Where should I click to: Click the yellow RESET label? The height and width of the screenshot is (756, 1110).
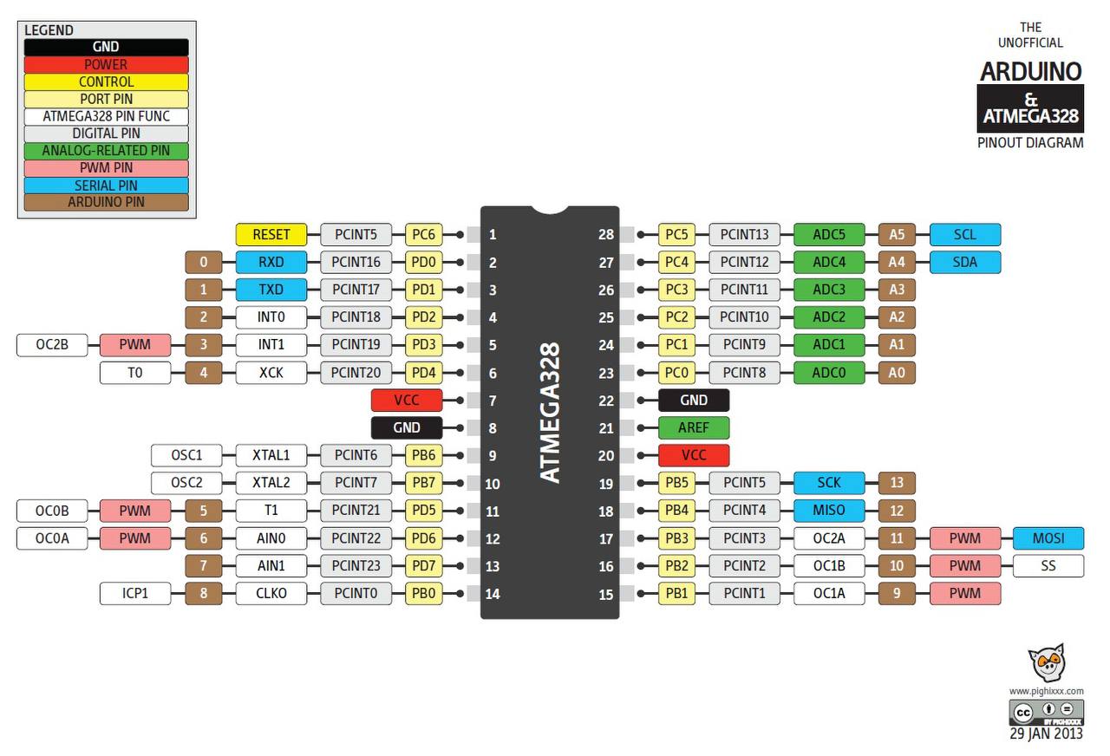pyautogui.click(x=271, y=234)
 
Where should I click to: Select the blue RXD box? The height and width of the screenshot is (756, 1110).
pyautogui.click(x=271, y=262)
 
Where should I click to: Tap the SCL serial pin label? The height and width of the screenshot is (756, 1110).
pyautogui.click(x=965, y=234)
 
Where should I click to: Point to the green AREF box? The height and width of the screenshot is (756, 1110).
pyautogui.click(x=694, y=427)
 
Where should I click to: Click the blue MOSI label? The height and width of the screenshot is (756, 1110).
pyautogui.click(x=1048, y=538)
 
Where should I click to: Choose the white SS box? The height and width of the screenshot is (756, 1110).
pyautogui.click(x=1048, y=566)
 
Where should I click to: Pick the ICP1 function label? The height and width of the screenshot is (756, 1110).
pyautogui.click(x=135, y=593)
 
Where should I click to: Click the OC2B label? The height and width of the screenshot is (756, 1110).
pyautogui.click(x=52, y=344)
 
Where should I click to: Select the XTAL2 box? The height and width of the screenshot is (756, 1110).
pyautogui.click(x=271, y=483)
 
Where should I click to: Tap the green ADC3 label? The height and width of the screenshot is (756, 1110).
pyautogui.click(x=829, y=290)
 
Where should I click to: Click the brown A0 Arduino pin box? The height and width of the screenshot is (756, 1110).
pyautogui.click(x=897, y=373)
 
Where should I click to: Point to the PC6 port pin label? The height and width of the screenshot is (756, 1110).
pyautogui.click(x=424, y=234)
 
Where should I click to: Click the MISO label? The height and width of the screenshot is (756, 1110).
pyautogui.click(x=829, y=511)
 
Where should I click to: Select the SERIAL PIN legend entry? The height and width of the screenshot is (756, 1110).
pyautogui.click(x=106, y=186)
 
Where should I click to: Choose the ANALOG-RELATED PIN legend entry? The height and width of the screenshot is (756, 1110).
pyautogui.click(x=106, y=151)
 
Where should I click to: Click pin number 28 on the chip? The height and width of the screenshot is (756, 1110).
pyautogui.click(x=605, y=234)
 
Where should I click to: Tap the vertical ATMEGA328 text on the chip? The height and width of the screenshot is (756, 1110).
pyautogui.click(x=550, y=412)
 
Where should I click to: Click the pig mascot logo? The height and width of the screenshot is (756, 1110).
pyautogui.click(x=1047, y=662)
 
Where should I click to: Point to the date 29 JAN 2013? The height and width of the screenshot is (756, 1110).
pyautogui.click(x=1046, y=733)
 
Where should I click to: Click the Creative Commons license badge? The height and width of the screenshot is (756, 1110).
pyautogui.click(x=1046, y=712)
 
